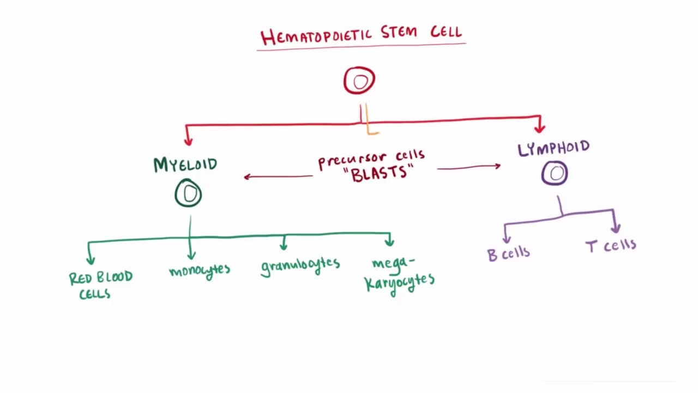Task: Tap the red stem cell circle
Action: (359, 81)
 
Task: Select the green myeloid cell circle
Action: (188, 194)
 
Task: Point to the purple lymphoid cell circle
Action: (555, 174)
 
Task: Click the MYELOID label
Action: (185, 165)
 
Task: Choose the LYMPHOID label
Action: (553, 148)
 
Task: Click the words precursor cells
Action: (371, 159)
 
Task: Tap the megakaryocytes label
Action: (400, 276)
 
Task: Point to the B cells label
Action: (508, 253)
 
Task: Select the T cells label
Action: (611, 246)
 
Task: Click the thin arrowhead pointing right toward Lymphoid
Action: (497, 166)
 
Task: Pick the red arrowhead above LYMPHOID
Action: (539, 128)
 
